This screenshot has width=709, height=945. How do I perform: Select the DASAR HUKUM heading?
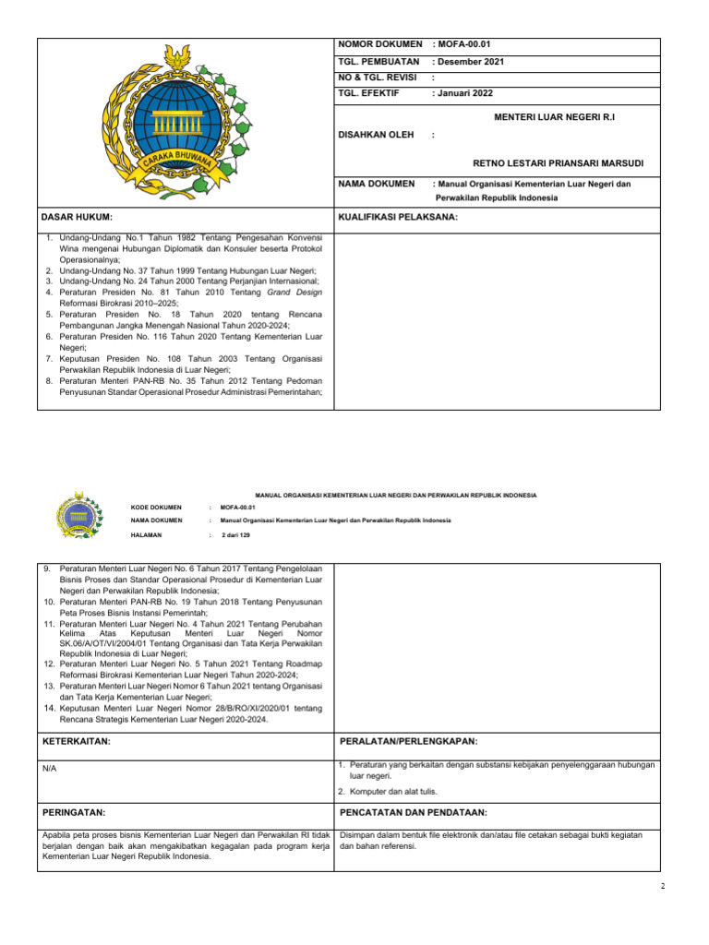[77, 217]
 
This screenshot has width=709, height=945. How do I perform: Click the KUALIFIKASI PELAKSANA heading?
[399, 217]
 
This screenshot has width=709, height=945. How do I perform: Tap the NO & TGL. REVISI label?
[379, 78]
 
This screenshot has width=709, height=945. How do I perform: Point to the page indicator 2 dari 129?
[236, 535]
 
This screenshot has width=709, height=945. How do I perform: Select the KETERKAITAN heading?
[78, 741]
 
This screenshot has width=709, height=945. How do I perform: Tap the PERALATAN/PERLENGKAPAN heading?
[409, 741]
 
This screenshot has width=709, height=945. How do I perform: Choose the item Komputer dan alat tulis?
[392, 791]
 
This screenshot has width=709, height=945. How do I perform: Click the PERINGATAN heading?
[75, 812]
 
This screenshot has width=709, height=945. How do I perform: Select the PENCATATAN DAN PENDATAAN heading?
[413, 812]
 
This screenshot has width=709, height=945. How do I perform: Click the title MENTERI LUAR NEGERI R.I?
[555, 118]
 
